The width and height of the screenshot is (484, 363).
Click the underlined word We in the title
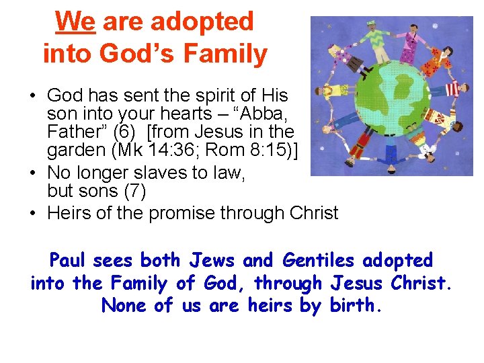tap(75, 22)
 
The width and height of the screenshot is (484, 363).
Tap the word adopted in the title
tap(202, 22)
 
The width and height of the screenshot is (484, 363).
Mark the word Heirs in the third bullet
tap(69, 214)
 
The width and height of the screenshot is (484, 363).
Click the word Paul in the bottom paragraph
tap(71, 260)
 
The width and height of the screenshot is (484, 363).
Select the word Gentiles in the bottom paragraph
tap(313, 260)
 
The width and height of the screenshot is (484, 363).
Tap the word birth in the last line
tap(356, 305)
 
